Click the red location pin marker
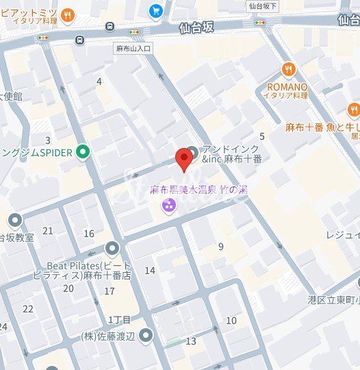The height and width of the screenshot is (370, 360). pos(183,159)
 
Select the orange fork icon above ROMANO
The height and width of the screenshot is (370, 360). pos(288,70)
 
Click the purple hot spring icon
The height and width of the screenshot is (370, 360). pos(168,205)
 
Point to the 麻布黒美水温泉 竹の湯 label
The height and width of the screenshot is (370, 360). pos(198,189)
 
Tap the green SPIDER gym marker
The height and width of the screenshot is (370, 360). pos(83,151)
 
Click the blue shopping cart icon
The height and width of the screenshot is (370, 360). pos(155,10)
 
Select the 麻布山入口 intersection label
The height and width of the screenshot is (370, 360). pos(133,49)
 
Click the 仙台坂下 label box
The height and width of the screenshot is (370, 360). pos(261,5)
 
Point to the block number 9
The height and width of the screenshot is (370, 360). pos(220,247)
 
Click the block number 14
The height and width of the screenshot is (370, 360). pos(149,271)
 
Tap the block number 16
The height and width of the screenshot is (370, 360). pos(89,234)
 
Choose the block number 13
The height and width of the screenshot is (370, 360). pos(191,341)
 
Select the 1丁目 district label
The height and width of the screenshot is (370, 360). pos(119,320)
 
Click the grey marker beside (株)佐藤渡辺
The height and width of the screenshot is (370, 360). pos(145,335)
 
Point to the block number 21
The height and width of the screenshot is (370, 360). pos(48,231)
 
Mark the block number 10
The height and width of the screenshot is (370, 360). pos(231,320)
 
